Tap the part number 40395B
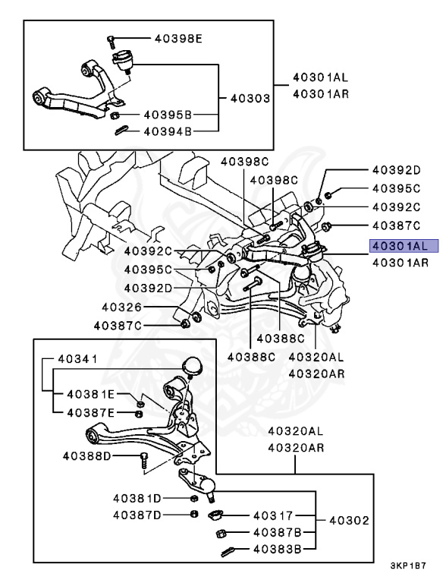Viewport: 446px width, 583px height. tap(166, 115)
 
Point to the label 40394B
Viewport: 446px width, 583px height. tap(166, 131)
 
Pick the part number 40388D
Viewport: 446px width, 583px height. tap(86, 455)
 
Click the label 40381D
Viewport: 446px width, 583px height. tap(138, 498)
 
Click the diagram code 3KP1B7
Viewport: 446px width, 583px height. tap(410, 566)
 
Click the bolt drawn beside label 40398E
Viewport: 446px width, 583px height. tap(111, 39)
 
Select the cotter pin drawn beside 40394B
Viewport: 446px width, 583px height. tap(122, 131)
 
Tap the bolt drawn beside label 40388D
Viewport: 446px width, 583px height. tap(143, 458)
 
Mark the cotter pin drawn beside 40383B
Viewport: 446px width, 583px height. tap(225, 550)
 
